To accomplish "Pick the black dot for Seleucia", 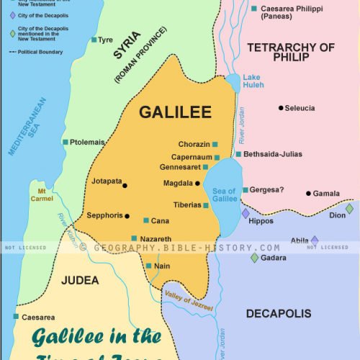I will coord(281,108).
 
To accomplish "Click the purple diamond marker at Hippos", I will coord(246,214).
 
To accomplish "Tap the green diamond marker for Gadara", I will coord(254,258).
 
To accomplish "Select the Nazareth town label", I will coord(156,238).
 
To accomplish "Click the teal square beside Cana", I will coord(146,220).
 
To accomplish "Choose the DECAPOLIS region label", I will coord(278,313).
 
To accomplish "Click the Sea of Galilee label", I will coord(224,195).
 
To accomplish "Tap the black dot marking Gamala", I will coord(308,193).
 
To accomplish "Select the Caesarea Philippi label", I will coord(290,16).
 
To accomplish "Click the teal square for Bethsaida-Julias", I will coord(238,154).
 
